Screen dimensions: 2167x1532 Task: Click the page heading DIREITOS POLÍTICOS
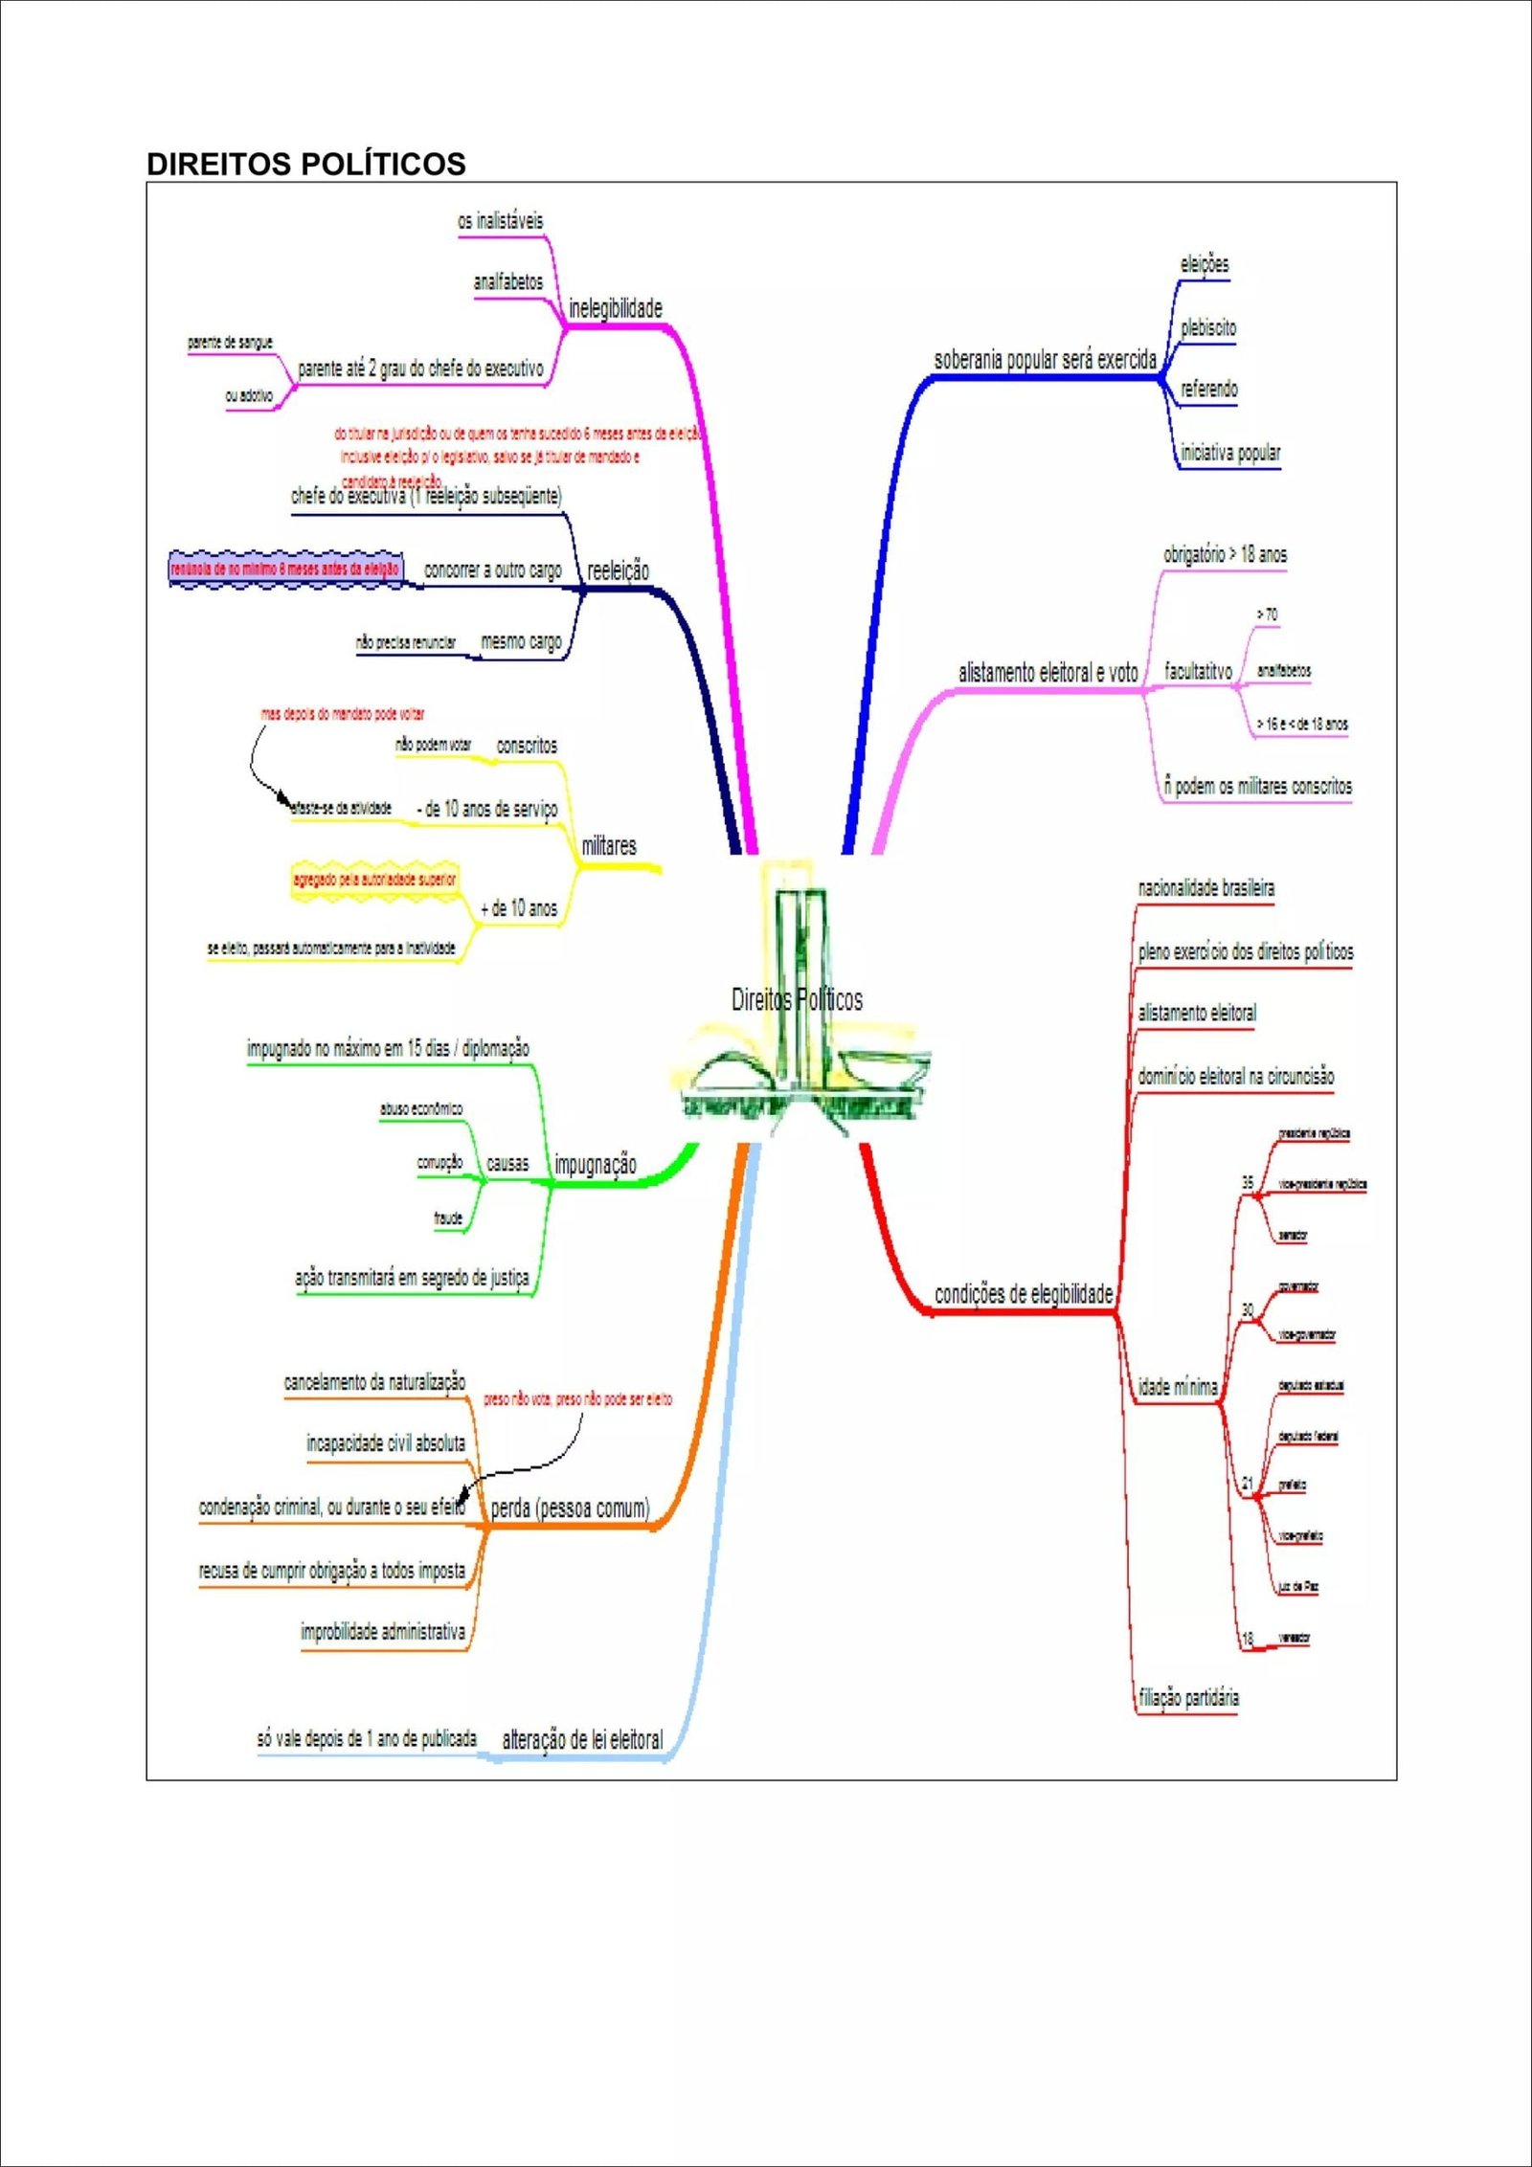point(305,164)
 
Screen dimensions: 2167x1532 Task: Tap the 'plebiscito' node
point(1207,328)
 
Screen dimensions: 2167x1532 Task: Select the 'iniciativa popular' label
point(1229,453)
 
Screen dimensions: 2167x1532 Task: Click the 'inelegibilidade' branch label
point(615,309)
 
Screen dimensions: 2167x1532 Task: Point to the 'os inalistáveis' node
point(500,221)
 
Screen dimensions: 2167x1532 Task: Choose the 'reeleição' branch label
point(618,571)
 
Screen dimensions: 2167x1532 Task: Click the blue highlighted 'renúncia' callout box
point(285,570)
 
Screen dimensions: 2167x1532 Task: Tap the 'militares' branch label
point(609,846)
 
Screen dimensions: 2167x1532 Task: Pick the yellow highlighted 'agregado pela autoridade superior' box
point(374,880)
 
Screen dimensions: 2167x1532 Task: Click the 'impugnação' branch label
point(595,1165)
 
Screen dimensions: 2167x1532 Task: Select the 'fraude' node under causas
point(448,1218)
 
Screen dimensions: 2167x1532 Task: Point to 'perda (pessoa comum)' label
point(570,1509)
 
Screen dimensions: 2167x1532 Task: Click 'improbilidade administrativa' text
point(383,1632)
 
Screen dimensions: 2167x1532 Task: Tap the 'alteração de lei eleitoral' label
point(582,1740)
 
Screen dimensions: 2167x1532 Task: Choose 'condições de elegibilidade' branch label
point(1023,1295)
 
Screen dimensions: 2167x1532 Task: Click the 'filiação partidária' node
point(1188,1698)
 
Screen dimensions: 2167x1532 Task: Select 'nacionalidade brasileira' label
point(1205,889)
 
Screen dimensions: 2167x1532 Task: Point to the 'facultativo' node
point(1198,672)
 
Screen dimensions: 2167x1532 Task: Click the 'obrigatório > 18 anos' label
point(1225,554)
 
